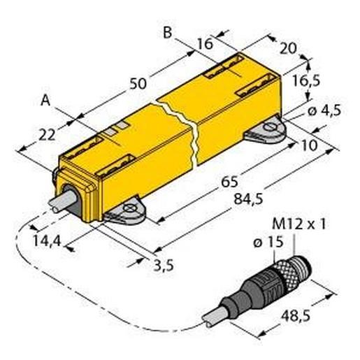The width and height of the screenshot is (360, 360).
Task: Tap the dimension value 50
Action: point(138,82)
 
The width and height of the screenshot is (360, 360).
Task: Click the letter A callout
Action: point(45,101)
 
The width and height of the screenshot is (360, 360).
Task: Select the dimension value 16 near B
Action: point(205,43)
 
